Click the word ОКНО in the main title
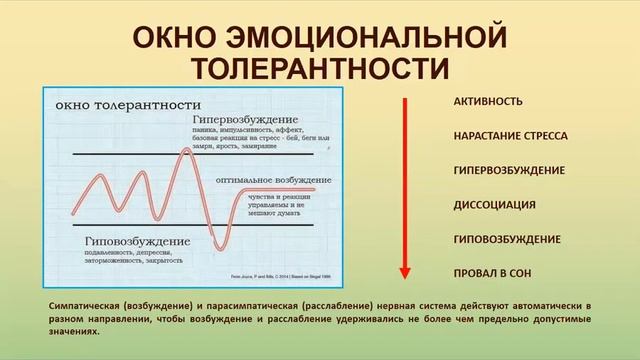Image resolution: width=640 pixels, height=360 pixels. coord(169,40)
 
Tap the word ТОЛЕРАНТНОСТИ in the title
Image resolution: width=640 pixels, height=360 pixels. coord(320,70)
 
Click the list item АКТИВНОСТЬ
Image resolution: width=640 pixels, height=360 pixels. coord(487,102)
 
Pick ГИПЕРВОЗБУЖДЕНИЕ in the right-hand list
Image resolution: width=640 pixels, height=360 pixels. coord(507,171)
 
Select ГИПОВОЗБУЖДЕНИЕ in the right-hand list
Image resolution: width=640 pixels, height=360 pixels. coord(506,240)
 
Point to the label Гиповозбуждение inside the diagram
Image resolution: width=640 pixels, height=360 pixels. coord(110,242)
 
